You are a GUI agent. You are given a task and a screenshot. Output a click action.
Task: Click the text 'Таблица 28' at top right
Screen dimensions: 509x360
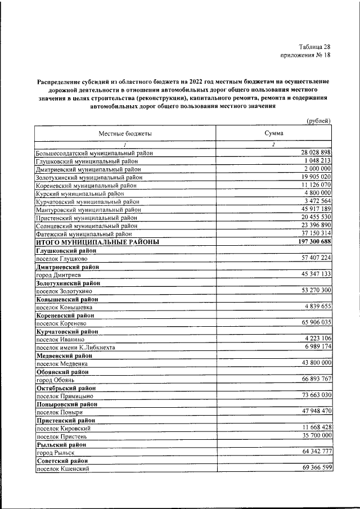coord(314,47)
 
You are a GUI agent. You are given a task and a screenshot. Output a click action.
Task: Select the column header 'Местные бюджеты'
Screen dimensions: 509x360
coord(125,133)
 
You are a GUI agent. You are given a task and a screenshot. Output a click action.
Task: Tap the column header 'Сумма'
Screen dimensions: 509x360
coord(273,133)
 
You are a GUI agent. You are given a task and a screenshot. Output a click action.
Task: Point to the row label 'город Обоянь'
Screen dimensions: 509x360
coord(55,380)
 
